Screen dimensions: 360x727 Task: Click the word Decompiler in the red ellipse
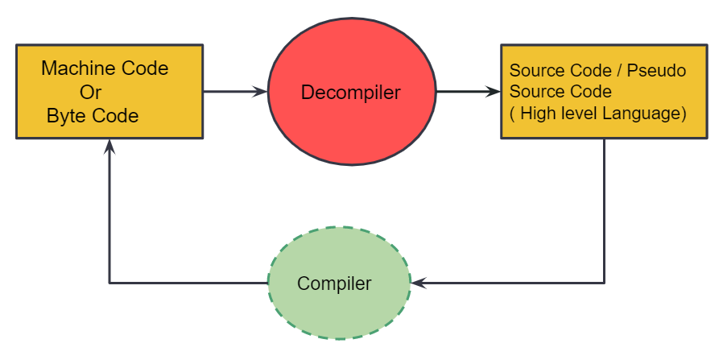[350, 93]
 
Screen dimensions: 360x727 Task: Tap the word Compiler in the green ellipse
[334, 283]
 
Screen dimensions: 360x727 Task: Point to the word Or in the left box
[90, 92]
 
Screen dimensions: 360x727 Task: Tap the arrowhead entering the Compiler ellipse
[418, 283]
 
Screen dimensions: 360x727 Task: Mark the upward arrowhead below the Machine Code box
[109, 147]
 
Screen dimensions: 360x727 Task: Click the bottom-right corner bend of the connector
[604, 283]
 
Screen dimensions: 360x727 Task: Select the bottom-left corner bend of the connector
[109, 283]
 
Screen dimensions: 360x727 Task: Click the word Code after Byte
[118, 116]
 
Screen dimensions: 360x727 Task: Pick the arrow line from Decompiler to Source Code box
[463, 92]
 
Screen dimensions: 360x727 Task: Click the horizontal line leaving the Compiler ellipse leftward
[189, 283]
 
